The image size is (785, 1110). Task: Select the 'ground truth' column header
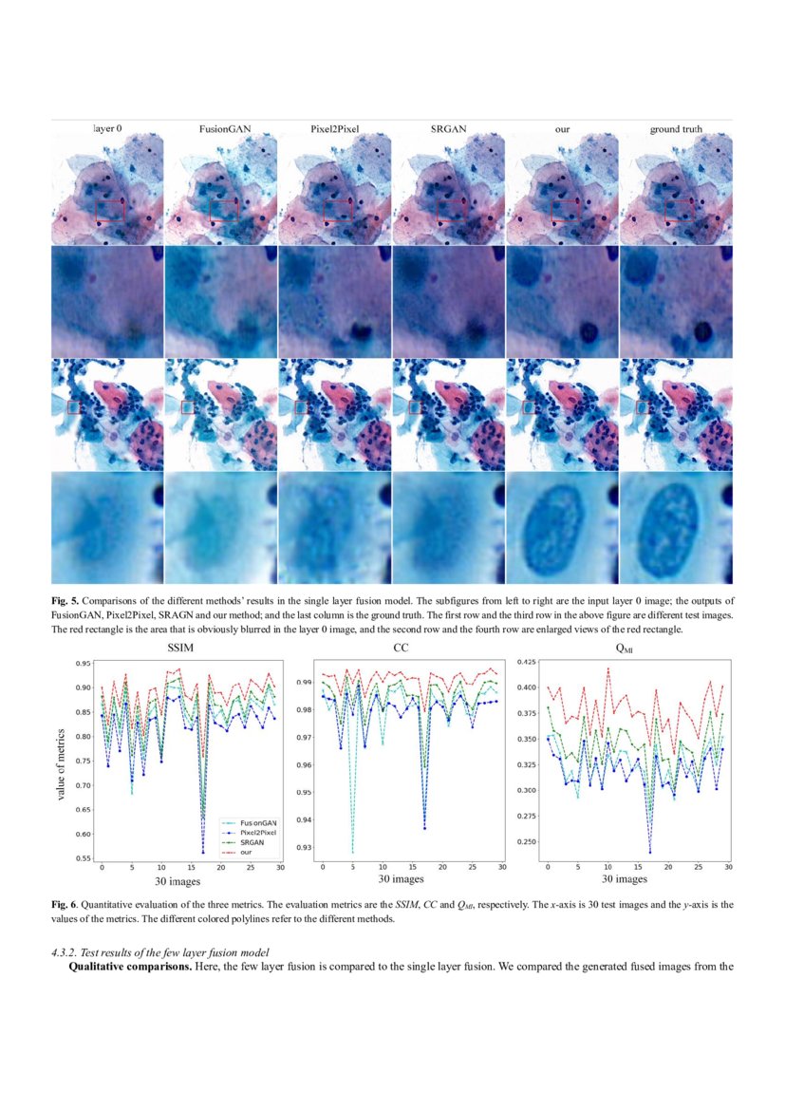point(676,128)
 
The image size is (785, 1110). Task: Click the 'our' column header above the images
point(562,128)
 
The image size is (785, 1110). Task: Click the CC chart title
point(400,648)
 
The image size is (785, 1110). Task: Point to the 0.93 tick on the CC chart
point(304,847)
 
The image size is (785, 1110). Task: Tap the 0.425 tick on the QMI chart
point(525,661)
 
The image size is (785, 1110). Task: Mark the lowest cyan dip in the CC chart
point(352,852)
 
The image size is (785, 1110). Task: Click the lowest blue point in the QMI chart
point(650,852)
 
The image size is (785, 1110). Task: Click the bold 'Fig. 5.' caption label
point(65,601)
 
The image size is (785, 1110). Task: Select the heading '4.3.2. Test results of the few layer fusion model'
point(162,951)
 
